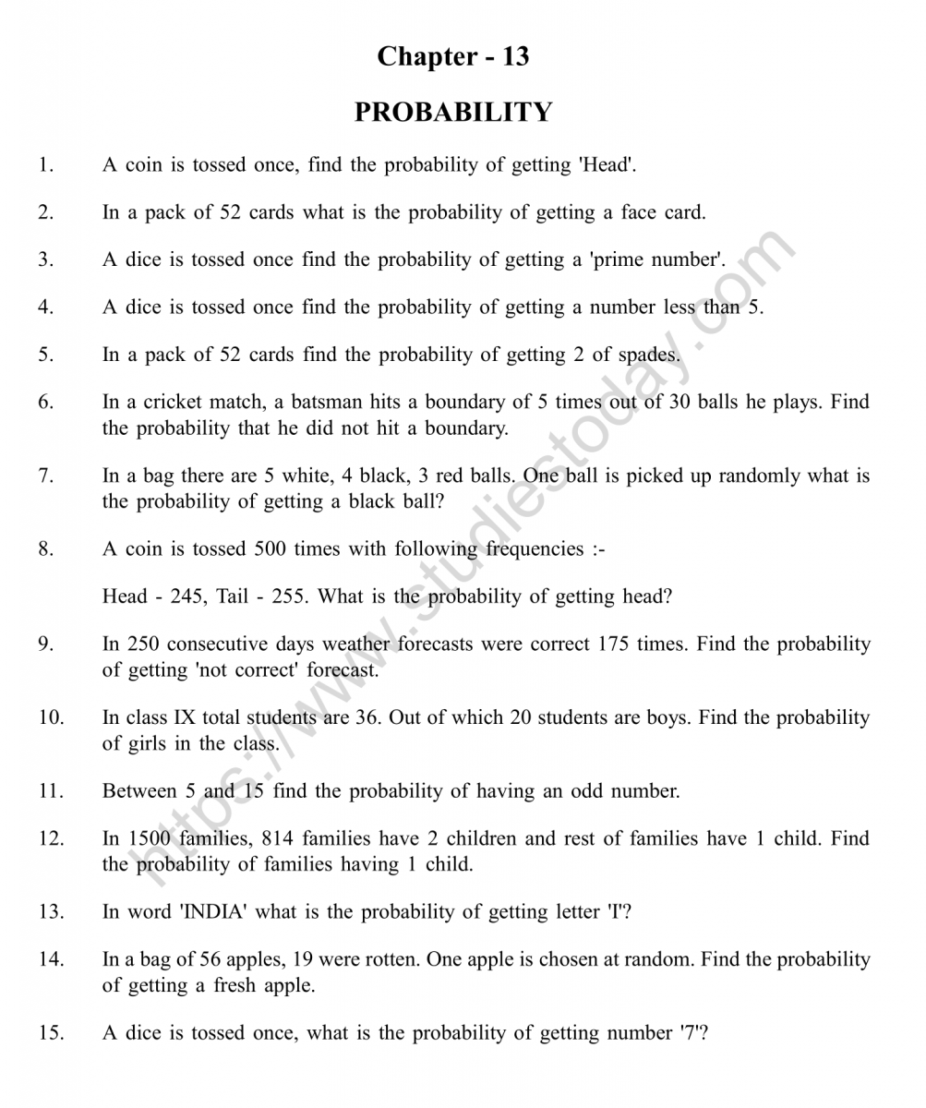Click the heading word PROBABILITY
453,112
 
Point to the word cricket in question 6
176,403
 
